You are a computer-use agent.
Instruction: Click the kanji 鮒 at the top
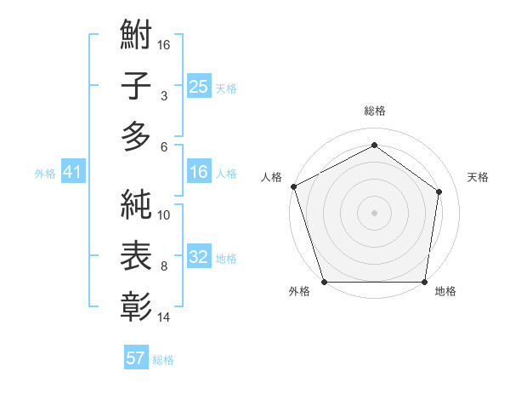coord(136,37)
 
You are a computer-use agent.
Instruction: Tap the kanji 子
coord(136,85)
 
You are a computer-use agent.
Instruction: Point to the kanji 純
coord(136,205)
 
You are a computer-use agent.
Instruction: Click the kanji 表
coord(136,254)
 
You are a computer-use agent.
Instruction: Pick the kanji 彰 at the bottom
coord(136,304)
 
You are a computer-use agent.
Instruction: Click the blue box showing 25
coord(198,87)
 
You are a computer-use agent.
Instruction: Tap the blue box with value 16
coord(198,173)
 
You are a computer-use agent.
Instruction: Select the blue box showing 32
coord(198,258)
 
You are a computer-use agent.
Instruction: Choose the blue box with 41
coord(72,173)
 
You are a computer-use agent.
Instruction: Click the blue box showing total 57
coord(135,358)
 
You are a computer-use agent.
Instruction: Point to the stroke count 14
coord(164,317)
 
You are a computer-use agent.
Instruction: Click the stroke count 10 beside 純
coord(164,215)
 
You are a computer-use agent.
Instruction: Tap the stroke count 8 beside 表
coord(164,266)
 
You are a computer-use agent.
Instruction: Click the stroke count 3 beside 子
coord(164,96)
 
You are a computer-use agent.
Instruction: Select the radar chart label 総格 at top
coord(374,111)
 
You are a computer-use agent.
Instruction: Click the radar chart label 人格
coord(272,177)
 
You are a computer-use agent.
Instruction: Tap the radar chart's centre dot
coord(374,212)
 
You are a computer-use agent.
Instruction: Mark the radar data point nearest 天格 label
coord(439,191)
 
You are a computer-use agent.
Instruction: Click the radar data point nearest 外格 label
coord(324,282)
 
